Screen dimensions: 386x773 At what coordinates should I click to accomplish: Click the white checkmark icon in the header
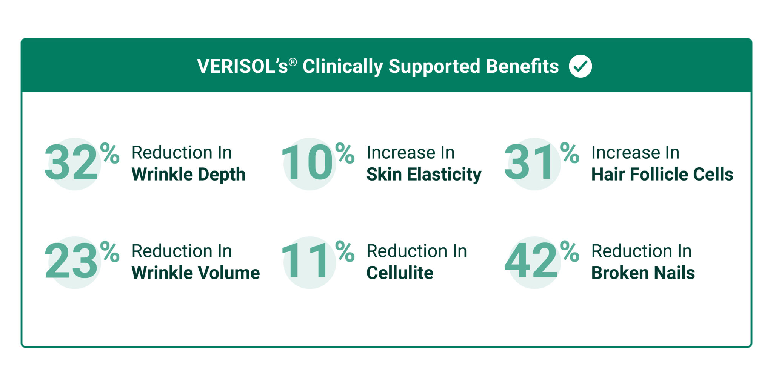click(x=580, y=66)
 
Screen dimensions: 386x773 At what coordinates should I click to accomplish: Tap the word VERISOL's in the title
click(x=242, y=67)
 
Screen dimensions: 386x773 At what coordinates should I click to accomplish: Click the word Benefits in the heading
click(x=522, y=66)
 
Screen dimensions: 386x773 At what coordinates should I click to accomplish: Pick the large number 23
click(x=71, y=261)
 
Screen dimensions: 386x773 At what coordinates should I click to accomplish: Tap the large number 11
click(x=306, y=261)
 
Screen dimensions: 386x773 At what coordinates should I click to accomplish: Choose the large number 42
click(x=531, y=261)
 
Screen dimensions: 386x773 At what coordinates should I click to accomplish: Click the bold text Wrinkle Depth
click(x=188, y=175)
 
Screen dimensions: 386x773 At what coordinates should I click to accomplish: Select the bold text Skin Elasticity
click(x=423, y=175)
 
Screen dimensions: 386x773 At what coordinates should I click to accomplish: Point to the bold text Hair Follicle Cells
click(x=662, y=175)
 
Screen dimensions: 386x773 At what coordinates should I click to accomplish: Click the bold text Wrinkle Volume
click(x=196, y=273)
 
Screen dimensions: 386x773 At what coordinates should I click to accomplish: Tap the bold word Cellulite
click(x=400, y=273)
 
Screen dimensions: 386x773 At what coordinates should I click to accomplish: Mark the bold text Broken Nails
click(x=643, y=273)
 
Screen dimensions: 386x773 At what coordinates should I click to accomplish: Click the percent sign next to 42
click(x=570, y=251)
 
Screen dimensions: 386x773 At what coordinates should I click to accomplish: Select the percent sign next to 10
click(x=345, y=153)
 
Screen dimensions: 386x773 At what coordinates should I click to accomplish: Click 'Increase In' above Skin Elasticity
click(x=410, y=153)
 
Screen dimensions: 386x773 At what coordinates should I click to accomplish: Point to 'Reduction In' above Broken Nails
click(x=641, y=251)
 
